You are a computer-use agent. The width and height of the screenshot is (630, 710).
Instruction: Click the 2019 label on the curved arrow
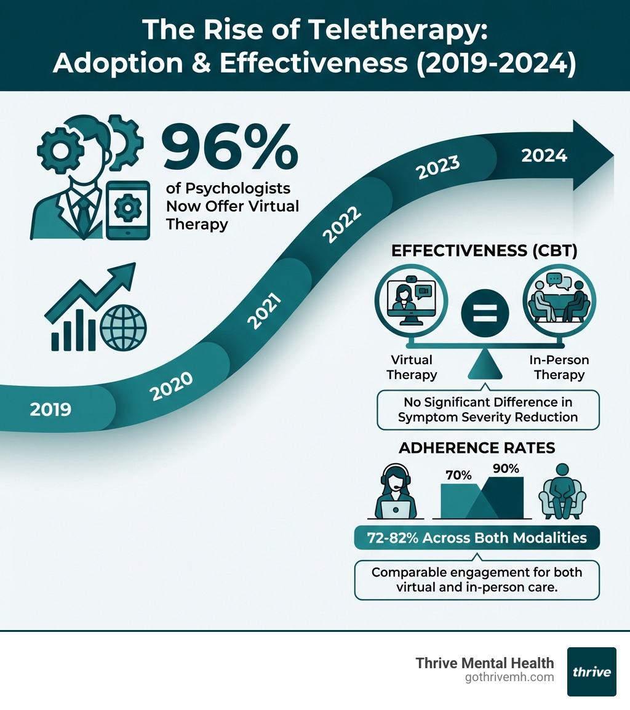[50, 409]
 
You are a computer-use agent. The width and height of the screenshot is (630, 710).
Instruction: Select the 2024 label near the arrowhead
[544, 156]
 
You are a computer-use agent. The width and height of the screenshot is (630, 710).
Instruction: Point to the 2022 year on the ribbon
[341, 226]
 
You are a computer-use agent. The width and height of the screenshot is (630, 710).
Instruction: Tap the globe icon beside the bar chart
[123, 327]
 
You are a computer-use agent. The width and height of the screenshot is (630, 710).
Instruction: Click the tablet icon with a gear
[127, 210]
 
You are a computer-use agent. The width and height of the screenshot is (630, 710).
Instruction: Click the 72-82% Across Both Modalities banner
[477, 538]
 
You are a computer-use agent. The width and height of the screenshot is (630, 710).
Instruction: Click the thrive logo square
[591, 671]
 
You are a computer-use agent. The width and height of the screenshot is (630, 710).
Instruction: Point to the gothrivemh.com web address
[510, 677]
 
